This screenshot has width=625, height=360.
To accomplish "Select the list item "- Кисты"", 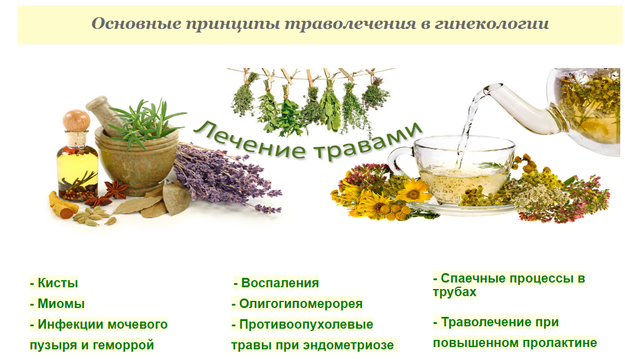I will (54, 283).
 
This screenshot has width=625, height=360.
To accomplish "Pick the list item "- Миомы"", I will (57, 304).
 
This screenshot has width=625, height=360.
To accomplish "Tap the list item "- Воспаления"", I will (276, 283).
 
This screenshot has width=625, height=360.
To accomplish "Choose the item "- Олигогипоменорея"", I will (297, 304).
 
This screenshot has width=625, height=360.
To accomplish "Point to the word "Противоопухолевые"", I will (307, 325).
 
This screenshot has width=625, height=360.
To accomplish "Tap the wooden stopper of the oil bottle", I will (76, 121).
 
